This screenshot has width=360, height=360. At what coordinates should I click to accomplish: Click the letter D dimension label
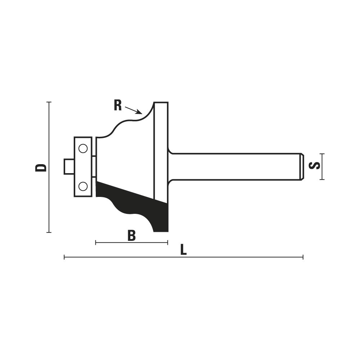pyautogui.click(x=41, y=168)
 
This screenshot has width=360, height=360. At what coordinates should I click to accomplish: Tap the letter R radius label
pyautogui.click(x=118, y=106)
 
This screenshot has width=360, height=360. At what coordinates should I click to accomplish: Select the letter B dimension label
pyautogui.click(x=131, y=235)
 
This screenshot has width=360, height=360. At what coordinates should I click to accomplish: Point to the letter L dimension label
pyautogui.click(x=183, y=250)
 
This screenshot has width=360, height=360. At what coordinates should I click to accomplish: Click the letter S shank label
pyautogui.click(x=315, y=166)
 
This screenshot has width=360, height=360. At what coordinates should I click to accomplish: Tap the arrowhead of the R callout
pyautogui.click(x=139, y=112)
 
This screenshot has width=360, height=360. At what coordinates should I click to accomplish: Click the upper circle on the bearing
pyautogui.click(x=83, y=149)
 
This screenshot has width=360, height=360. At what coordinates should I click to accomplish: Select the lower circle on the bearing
pyautogui.click(x=83, y=186)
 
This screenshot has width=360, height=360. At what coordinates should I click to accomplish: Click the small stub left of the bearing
pyautogui.click(x=69, y=167)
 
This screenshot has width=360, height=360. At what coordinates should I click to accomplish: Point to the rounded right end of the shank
pyautogui.click(x=302, y=167)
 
